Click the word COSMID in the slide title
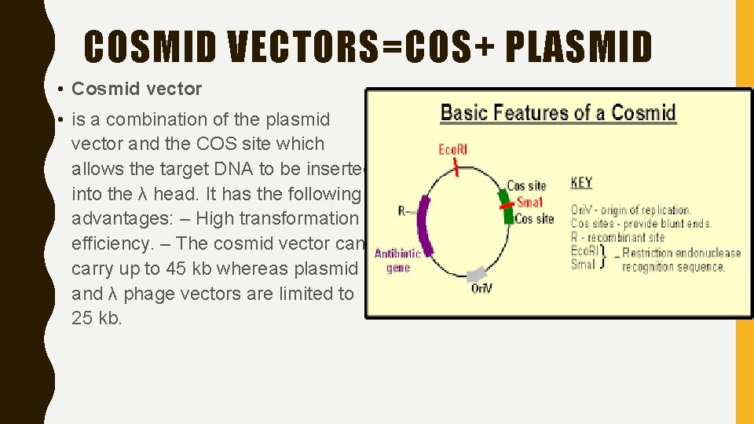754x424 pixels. pyautogui.click(x=150, y=46)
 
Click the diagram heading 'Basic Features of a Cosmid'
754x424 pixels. pyautogui.click(x=558, y=112)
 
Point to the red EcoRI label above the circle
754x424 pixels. pyautogui.click(x=452, y=149)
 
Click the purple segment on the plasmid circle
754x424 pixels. pyautogui.click(x=425, y=224)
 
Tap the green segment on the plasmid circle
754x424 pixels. pyautogui.click(x=506, y=207)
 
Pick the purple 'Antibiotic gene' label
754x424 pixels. pyautogui.click(x=397, y=260)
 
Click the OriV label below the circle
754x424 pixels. pyautogui.click(x=482, y=290)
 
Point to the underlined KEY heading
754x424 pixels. pyautogui.click(x=581, y=183)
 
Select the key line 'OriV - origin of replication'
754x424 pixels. pyautogui.click(x=631, y=210)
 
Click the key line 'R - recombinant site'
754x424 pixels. pyautogui.click(x=617, y=237)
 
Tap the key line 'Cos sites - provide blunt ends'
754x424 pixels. pyautogui.click(x=641, y=223)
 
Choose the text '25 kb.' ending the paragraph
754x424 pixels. pyautogui.click(x=97, y=318)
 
